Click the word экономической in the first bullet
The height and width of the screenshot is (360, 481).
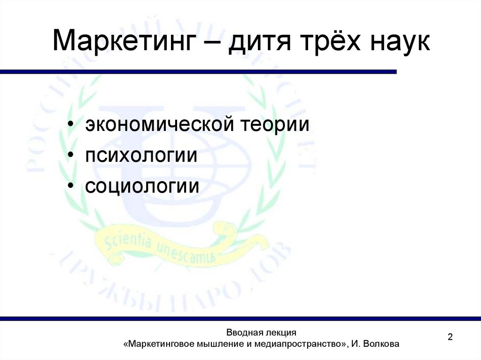pos(160,125)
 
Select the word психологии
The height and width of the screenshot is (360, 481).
pos(141,156)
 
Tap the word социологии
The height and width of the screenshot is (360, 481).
pos(142,186)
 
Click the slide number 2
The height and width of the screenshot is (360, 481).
pos(450,337)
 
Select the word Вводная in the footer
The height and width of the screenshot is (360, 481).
pos(244,333)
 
